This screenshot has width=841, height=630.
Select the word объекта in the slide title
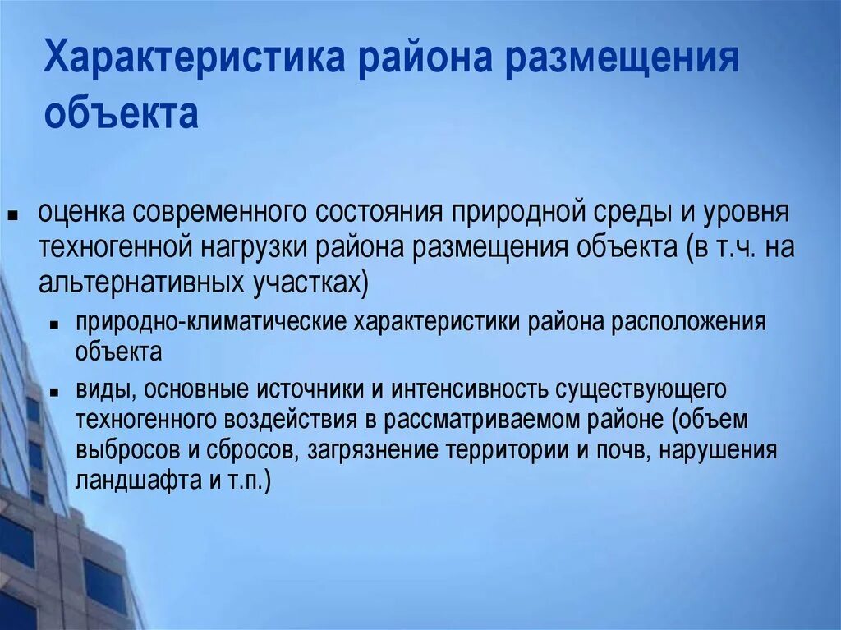(x=121, y=115)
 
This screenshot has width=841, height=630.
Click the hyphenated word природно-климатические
(x=209, y=321)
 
